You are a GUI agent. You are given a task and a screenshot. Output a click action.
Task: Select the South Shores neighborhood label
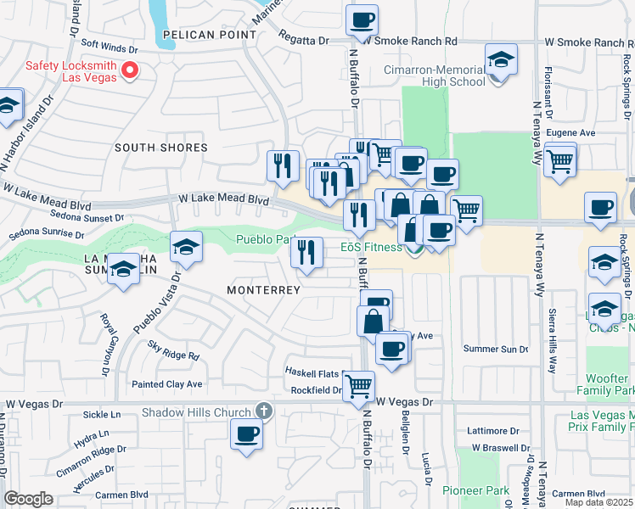click(x=161, y=148)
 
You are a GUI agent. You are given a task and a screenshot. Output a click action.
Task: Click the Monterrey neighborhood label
click(x=264, y=290)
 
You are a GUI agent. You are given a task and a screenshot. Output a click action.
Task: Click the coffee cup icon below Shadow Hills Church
click(x=247, y=433)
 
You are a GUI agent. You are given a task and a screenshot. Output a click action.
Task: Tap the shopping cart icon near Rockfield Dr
click(x=359, y=385)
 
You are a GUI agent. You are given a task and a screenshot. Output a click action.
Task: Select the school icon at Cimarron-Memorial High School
click(x=501, y=59)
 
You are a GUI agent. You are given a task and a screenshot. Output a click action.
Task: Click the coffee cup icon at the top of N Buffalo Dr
click(x=362, y=20)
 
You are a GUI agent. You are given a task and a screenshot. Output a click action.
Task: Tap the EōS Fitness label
click(x=371, y=248)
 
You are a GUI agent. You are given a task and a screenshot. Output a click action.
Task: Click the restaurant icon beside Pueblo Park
click(x=306, y=251)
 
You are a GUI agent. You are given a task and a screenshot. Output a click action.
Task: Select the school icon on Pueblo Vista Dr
click(x=186, y=247)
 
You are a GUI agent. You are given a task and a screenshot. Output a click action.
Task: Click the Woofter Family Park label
click(x=610, y=383)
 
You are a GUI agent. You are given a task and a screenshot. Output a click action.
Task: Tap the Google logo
click(x=28, y=498)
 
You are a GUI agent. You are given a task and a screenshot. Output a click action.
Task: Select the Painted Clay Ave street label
click(x=167, y=384)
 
